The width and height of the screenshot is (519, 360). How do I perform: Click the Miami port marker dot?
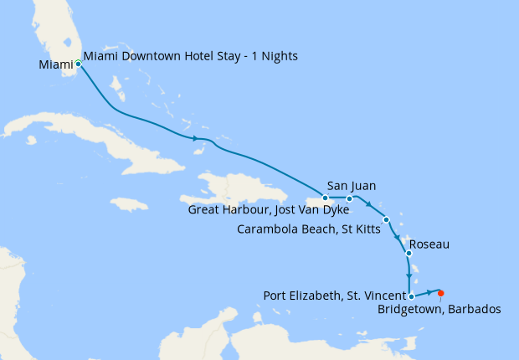[x=78, y=63]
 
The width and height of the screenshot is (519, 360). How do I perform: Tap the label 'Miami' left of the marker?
[x=56, y=64]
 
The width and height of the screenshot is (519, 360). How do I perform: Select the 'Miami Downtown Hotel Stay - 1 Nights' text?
[x=190, y=56]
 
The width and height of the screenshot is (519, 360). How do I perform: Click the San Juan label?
[x=351, y=186]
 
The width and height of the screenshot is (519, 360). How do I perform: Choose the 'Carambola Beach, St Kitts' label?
[x=306, y=228]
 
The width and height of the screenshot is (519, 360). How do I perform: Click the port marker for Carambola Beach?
[x=386, y=220]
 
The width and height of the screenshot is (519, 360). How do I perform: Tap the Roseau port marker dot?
[x=408, y=253]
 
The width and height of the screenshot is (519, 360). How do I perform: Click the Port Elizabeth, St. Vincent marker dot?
[x=411, y=296]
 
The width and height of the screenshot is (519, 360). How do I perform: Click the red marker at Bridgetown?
[x=441, y=293]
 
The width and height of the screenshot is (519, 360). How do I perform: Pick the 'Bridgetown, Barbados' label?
[x=439, y=310]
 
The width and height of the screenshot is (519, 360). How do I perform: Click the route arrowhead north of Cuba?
[x=196, y=138]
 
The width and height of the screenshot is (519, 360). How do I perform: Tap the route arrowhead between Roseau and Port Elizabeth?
[x=408, y=276]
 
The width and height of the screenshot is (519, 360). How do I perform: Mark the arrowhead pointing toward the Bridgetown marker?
[x=434, y=292]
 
